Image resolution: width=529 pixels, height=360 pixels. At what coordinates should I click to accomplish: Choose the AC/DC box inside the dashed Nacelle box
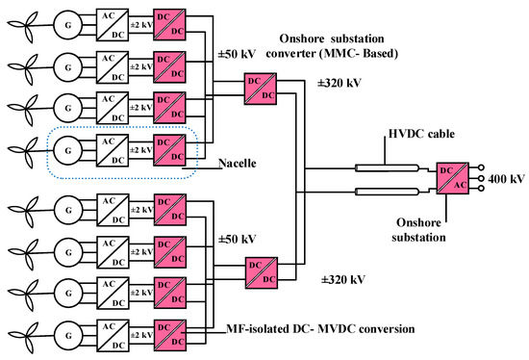[x=113, y=151]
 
